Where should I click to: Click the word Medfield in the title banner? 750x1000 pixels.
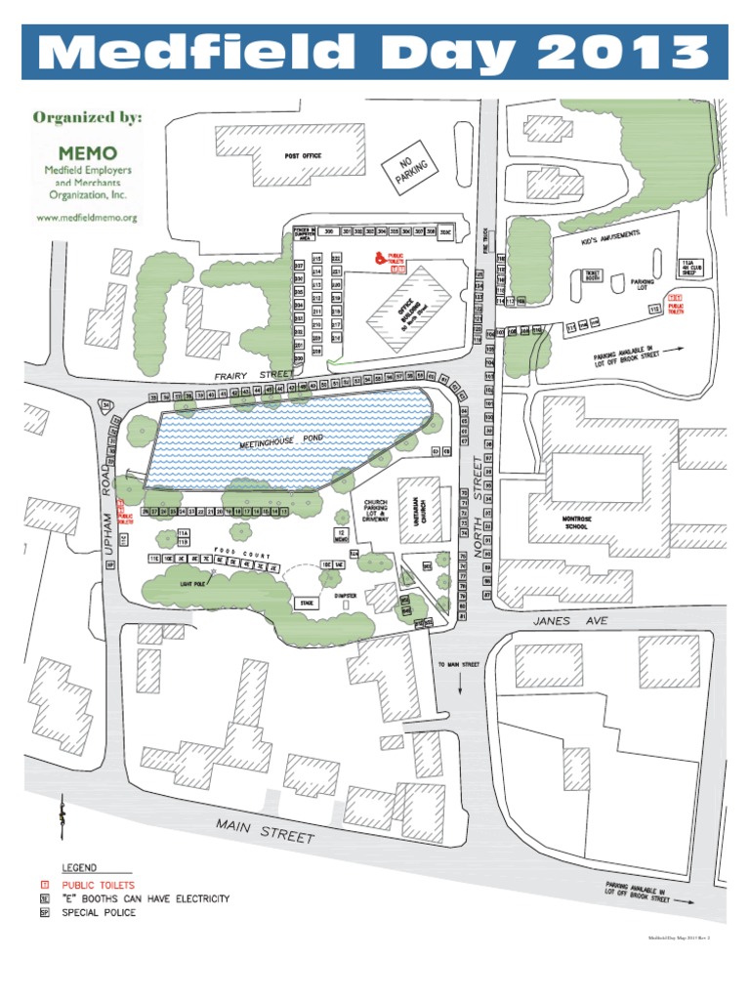(x=196, y=51)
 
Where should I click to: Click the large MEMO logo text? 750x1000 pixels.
(x=87, y=154)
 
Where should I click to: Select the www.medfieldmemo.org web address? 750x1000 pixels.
(x=87, y=218)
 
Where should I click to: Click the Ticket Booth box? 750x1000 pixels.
(x=592, y=275)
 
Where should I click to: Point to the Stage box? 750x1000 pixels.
(x=306, y=604)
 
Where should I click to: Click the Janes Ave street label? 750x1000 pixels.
(x=558, y=620)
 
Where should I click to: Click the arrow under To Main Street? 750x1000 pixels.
(x=460, y=686)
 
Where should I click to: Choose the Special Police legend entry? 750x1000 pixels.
(x=99, y=913)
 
